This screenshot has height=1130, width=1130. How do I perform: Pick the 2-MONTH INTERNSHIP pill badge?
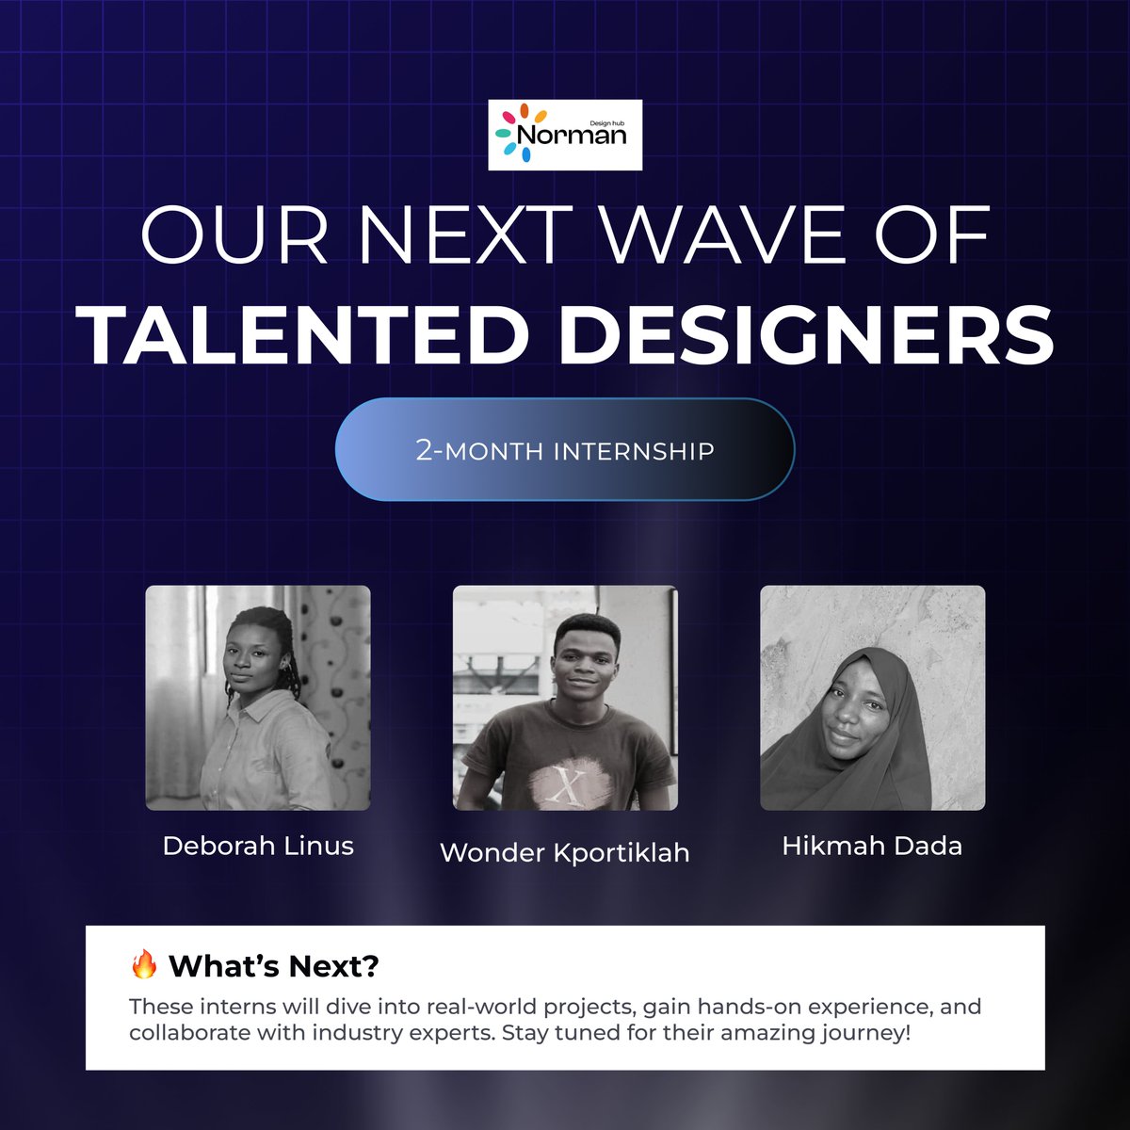(565, 449)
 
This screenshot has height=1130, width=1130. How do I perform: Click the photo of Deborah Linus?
(258, 698)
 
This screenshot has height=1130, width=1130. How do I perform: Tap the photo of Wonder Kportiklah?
(565, 698)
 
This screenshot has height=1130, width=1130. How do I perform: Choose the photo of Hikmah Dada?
(872, 698)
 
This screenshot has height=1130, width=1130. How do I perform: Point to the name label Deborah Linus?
(258, 846)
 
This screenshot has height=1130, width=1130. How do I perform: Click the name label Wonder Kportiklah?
(565, 852)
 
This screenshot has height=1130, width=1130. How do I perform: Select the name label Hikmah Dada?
(872, 846)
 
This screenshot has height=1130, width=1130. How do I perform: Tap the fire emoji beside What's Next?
(143, 964)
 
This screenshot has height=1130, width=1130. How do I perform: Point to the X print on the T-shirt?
(566, 783)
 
